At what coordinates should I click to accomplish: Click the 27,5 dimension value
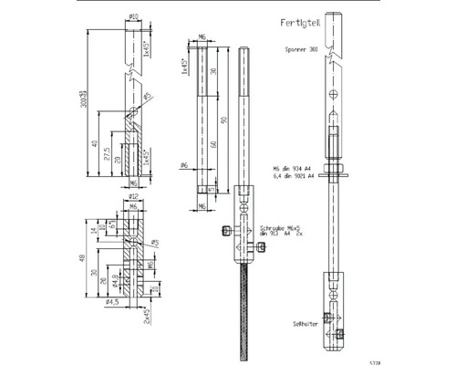(107, 149)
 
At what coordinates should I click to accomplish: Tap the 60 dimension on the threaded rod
(213, 145)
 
